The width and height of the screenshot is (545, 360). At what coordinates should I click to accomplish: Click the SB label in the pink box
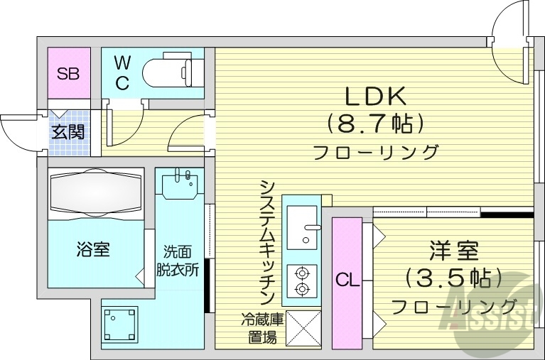point(69,72)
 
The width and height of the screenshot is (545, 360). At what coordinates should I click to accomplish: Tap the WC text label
point(122,72)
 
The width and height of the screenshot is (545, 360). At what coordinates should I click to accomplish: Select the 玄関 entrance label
point(68,132)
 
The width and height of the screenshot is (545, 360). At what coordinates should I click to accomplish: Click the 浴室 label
point(93,249)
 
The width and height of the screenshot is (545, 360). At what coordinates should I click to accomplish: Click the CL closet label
point(347,281)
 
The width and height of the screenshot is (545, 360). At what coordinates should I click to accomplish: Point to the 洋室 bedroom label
point(453,250)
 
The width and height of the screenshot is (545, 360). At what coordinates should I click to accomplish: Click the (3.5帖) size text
point(453,278)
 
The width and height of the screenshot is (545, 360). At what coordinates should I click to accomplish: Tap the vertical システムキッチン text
point(268,241)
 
